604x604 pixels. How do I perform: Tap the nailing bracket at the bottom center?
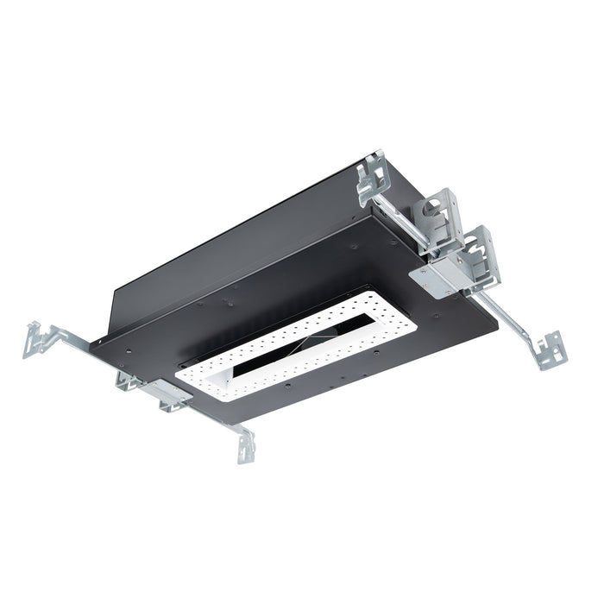point(246,446)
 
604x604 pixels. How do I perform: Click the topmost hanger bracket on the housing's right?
point(373,179)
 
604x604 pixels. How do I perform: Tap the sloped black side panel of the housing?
point(224,250)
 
